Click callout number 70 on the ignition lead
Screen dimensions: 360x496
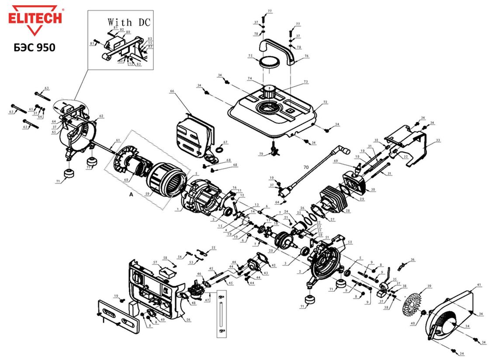[306, 167]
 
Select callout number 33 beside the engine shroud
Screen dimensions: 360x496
[438, 140]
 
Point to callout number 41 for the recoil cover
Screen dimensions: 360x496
[479, 285]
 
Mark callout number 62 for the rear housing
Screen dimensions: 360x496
[101, 116]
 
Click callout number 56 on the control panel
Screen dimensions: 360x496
[188, 320]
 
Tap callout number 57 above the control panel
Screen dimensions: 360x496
[155, 262]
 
